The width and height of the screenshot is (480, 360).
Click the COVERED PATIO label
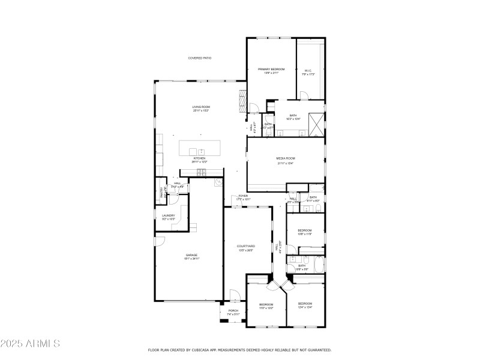[x=200, y=58]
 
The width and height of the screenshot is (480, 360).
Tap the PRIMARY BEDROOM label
[x=271, y=70]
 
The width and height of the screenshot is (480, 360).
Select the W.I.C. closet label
[x=308, y=70]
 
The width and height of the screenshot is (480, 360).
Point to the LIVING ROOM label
[x=201, y=107]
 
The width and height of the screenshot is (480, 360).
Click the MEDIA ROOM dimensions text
[x=286, y=163]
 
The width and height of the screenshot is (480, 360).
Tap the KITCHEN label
[x=199, y=158]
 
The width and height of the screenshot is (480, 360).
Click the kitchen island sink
[x=201, y=152]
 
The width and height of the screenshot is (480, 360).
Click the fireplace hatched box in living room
[x=242, y=100]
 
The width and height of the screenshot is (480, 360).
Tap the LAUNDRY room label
[x=168, y=215]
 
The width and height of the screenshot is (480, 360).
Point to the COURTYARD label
[x=246, y=246]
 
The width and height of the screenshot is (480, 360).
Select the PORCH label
[x=233, y=311]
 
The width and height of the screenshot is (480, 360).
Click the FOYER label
[x=243, y=196]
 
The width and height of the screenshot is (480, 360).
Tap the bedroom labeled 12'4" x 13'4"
[x=305, y=304]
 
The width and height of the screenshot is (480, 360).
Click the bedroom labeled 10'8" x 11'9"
[x=305, y=230]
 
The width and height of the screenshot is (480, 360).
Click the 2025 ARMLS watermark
[x=30, y=344]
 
